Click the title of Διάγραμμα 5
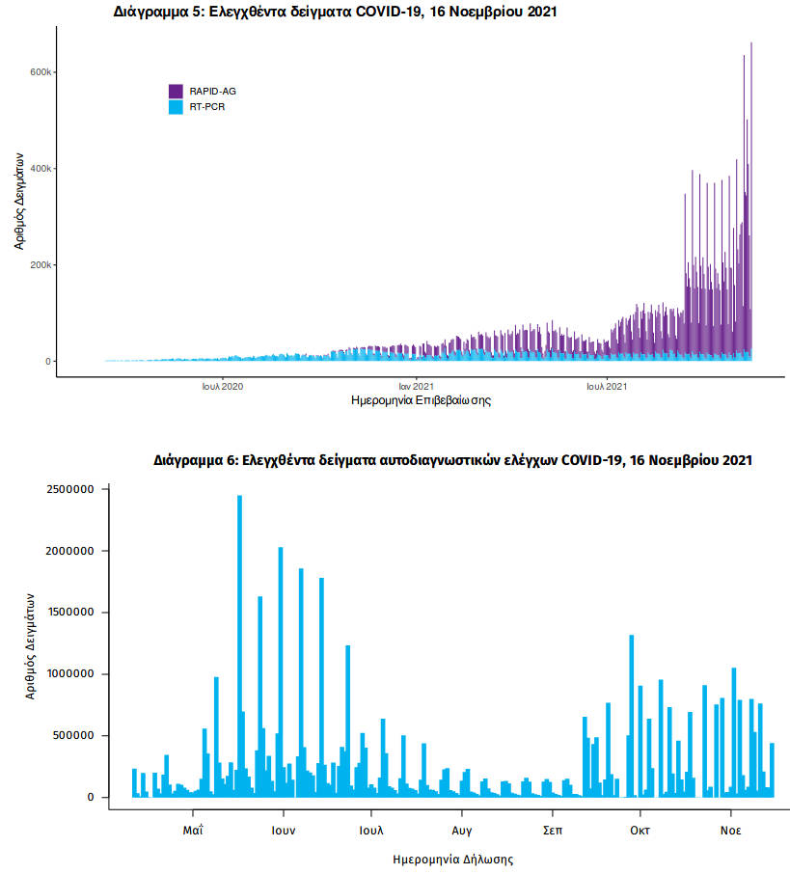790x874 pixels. [335, 13]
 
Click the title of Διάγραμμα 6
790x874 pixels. [452, 460]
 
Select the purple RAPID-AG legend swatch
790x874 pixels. [176, 91]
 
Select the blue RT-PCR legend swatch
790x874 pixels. [176, 107]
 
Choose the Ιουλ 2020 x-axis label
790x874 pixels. [223, 386]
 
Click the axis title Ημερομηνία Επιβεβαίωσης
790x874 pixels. [421, 400]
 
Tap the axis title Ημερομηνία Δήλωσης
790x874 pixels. [452, 858]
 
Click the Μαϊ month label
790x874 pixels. [193, 829]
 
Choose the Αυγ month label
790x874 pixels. [461, 829]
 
